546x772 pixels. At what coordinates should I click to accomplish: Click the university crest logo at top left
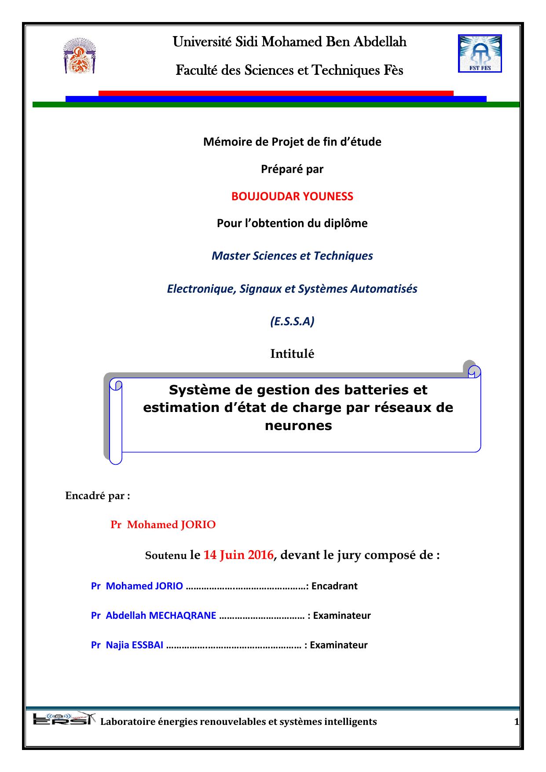coord(79,56)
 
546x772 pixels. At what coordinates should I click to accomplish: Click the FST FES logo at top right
coord(480,54)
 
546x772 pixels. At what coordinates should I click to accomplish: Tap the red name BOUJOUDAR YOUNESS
coord(292,196)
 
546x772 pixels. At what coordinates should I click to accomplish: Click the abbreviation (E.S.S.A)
coord(292,322)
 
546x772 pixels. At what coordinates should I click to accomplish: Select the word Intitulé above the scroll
coord(292,354)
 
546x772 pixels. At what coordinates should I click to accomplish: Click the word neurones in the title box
coord(298,426)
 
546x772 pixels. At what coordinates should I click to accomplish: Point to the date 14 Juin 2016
coord(238,555)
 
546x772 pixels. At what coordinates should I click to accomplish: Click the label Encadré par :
coord(98,496)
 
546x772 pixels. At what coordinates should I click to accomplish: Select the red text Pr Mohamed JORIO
coord(163,525)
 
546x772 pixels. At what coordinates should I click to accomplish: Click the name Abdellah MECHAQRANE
coord(161,615)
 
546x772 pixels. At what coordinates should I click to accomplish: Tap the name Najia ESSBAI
coord(135,645)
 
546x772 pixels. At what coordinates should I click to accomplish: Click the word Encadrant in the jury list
coord(334,586)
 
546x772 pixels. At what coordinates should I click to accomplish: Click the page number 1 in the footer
coord(516,722)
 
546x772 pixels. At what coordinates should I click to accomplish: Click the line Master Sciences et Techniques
coord(292,256)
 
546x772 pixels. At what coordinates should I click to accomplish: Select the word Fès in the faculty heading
coord(392,70)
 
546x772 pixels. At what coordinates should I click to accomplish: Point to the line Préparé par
coord(292,169)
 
